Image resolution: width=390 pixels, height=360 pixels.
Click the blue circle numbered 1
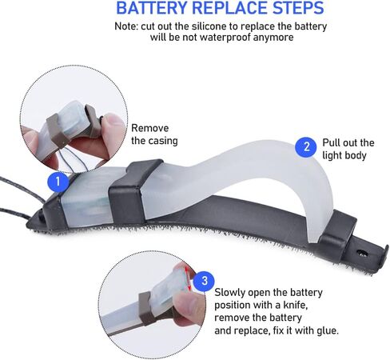[58, 182]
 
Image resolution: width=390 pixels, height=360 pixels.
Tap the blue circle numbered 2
[306, 146]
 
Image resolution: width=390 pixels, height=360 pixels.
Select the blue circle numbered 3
[204, 281]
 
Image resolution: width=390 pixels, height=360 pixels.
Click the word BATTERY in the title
[152, 8]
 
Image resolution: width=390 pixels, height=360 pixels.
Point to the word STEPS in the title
[296, 8]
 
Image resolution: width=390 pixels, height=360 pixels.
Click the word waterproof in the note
[225, 37]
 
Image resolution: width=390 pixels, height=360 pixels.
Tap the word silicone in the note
[209, 26]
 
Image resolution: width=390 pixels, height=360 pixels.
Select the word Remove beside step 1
[150, 128]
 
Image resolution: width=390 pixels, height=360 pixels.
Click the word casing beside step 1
[164, 141]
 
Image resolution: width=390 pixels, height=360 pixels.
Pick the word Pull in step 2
[329, 142]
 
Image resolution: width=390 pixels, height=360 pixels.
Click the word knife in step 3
[296, 305]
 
